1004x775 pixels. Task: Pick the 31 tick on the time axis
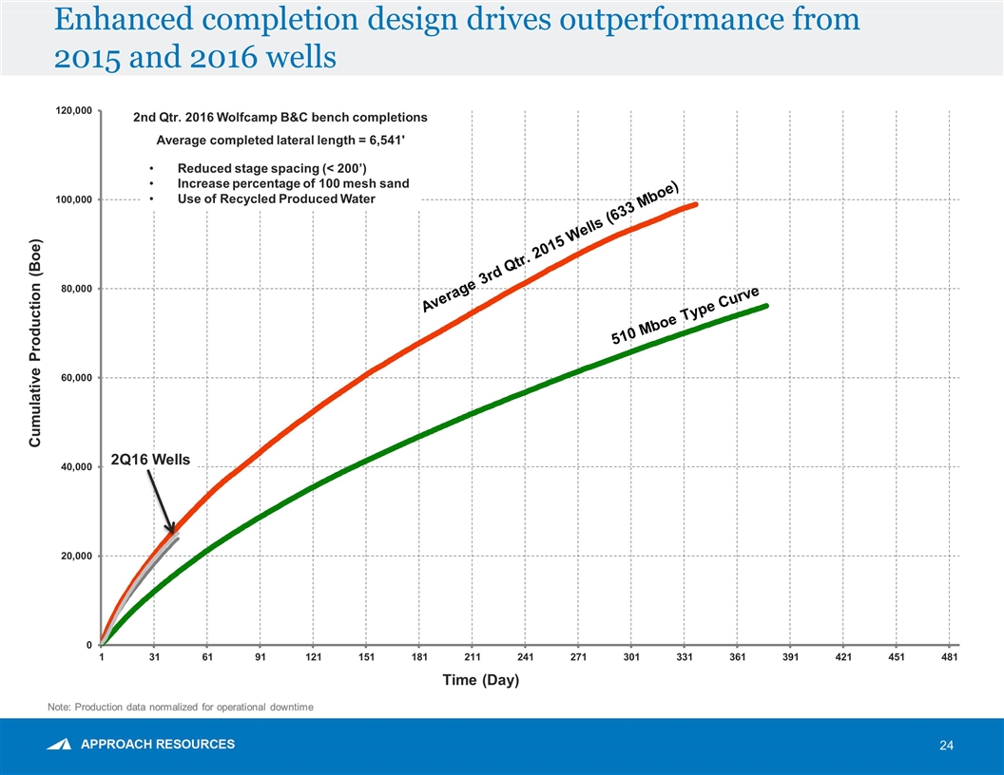(155, 656)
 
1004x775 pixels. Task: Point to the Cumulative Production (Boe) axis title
(35, 342)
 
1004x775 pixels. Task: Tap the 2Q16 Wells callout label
(150, 460)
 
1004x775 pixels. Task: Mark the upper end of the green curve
(765, 305)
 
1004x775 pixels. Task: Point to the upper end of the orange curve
(696, 204)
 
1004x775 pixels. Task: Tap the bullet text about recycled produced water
(276, 198)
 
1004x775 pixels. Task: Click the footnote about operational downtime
(180, 708)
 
